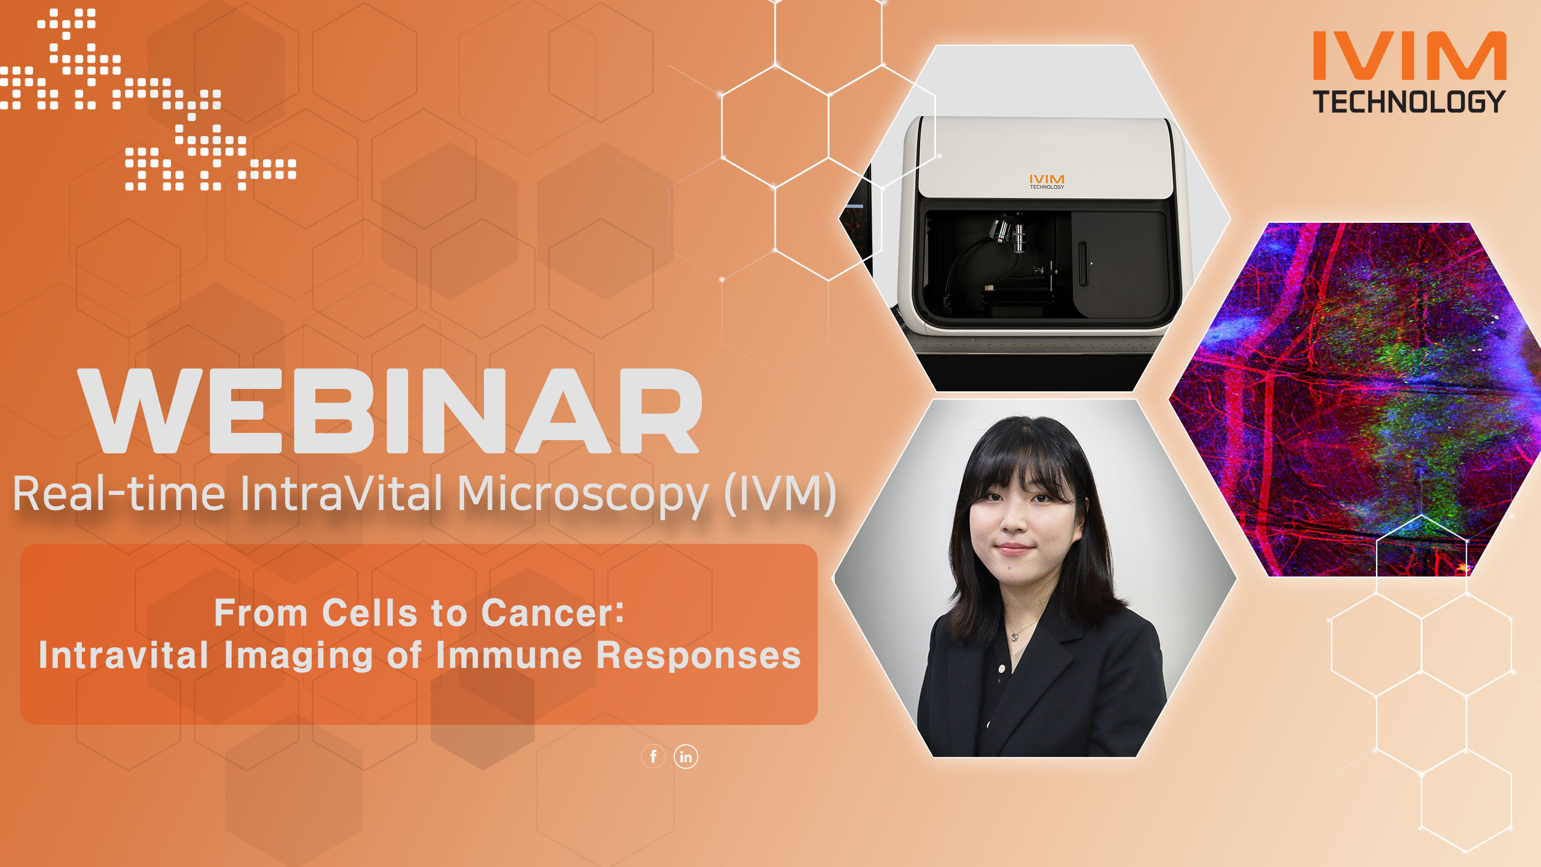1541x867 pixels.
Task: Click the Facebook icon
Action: (653, 756)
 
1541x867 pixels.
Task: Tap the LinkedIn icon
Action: (686, 756)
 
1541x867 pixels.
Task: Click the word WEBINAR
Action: (390, 412)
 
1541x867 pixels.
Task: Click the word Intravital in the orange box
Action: (123, 655)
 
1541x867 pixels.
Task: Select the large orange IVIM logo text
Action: (1409, 56)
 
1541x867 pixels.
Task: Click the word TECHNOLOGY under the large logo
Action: (1409, 102)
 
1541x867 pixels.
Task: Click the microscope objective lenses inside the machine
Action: (1008, 232)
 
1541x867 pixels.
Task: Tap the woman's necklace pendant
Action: (1015, 636)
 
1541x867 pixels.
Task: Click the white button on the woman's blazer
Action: (1002, 668)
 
